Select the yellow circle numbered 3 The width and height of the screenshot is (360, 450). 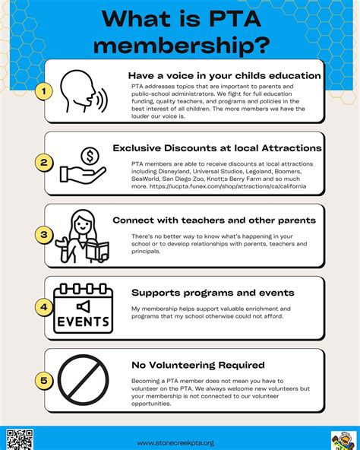[x=45, y=236]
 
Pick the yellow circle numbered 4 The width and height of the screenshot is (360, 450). [x=45, y=309]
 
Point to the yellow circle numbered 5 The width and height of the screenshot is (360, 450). [x=45, y=381]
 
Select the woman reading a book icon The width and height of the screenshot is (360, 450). [x=87, y=236]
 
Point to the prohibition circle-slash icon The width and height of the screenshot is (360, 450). [x=85, y=379]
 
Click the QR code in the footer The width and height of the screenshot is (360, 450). [x=19, y=438]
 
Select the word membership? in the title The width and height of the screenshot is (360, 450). [x=179, y=46]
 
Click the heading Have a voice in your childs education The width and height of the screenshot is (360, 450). [x=224, y=75]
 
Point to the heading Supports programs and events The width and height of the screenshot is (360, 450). [x=213, y=293]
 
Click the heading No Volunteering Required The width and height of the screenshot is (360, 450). [x=197, y=366]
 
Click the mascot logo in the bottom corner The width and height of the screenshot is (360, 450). [x=340, y=439]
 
